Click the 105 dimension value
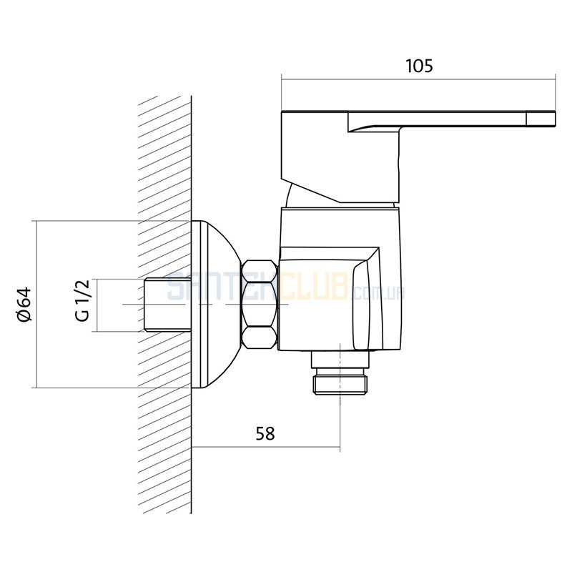click(x=419, y=66)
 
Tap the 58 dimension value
click(x=265, y=434)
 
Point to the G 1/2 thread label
click(x=83, y=300)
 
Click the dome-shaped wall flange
click(x=215, y=305)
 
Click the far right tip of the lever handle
click(x=556, y=119)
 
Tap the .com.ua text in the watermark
click(x=377, y=292)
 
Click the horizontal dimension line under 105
click(x=418, y=79)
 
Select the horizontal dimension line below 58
click(x=266, y=446)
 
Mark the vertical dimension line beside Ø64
click(x=36, y=305)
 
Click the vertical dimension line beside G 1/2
click(x=97, y=305)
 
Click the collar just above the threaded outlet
click(x=340, y=359)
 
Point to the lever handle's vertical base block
click(x=341, y=157)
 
